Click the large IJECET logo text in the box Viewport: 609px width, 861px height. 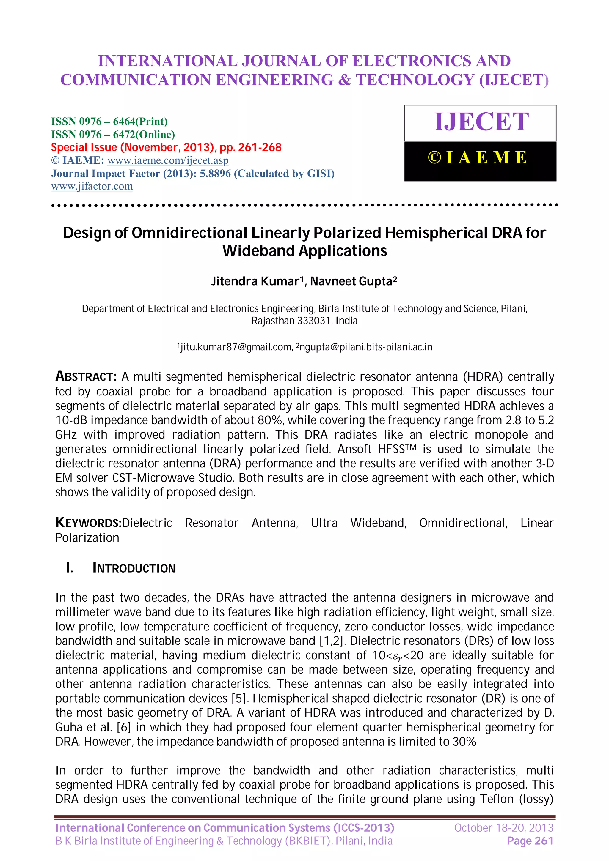coord(481,122)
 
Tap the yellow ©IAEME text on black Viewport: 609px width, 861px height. coord(478,157)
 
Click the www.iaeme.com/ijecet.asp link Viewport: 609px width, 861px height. coord(168,160)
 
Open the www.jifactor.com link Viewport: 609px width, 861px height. coord(92,186)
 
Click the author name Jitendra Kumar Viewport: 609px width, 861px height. coord(255,281)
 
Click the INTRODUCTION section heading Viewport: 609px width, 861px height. coord(134,568)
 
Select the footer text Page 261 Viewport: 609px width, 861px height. coord(530,841)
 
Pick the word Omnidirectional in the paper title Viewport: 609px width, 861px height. coord(189,233)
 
